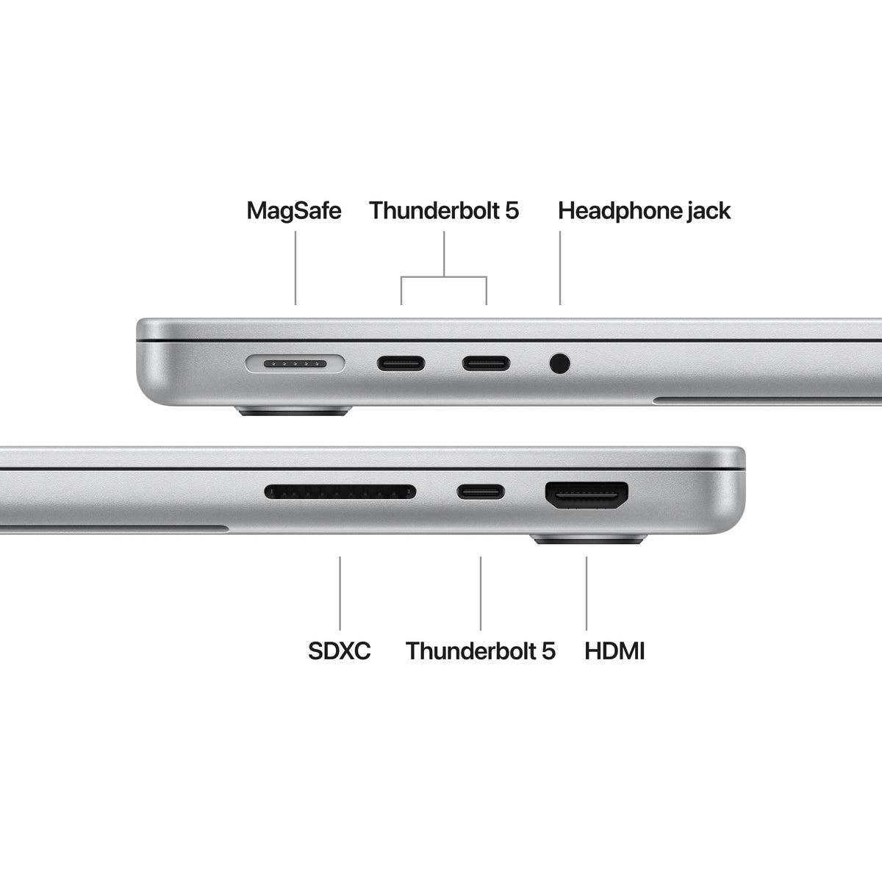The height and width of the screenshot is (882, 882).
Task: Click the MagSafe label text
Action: click(x=293, y=211)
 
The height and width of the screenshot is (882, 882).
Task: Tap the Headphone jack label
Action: click(x=644, y=211)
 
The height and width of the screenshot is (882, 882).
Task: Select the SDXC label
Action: click(x=339, y=650)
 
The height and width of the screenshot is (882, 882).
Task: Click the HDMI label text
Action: click(x=614, y=650)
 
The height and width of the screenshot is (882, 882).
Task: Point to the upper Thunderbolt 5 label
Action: click(x=444, y=211)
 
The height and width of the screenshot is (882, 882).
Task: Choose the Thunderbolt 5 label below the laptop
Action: click(x=480, y=650)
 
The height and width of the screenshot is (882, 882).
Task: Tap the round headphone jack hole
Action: click(x=560, y=363)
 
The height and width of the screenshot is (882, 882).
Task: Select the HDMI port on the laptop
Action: click(x=587, y=496)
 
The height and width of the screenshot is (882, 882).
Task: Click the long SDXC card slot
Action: click(x=340, y=491)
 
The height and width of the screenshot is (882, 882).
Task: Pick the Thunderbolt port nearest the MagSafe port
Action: click(x=401, y=363)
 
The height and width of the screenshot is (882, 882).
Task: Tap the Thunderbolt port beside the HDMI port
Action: click(x=481, y=491)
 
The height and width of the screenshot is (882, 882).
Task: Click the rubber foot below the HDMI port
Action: click(x=588, y=539)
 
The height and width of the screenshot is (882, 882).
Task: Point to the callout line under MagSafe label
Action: click(x=295, y=268)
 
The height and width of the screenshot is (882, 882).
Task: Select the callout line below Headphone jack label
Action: click(x=560, y=268)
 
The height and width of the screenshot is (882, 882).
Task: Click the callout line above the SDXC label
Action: click(x=340, y=592)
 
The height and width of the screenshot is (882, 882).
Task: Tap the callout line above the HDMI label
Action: click(x=587, y=592)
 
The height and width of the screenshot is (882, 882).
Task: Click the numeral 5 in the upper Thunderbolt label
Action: click(x=512, y=211)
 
